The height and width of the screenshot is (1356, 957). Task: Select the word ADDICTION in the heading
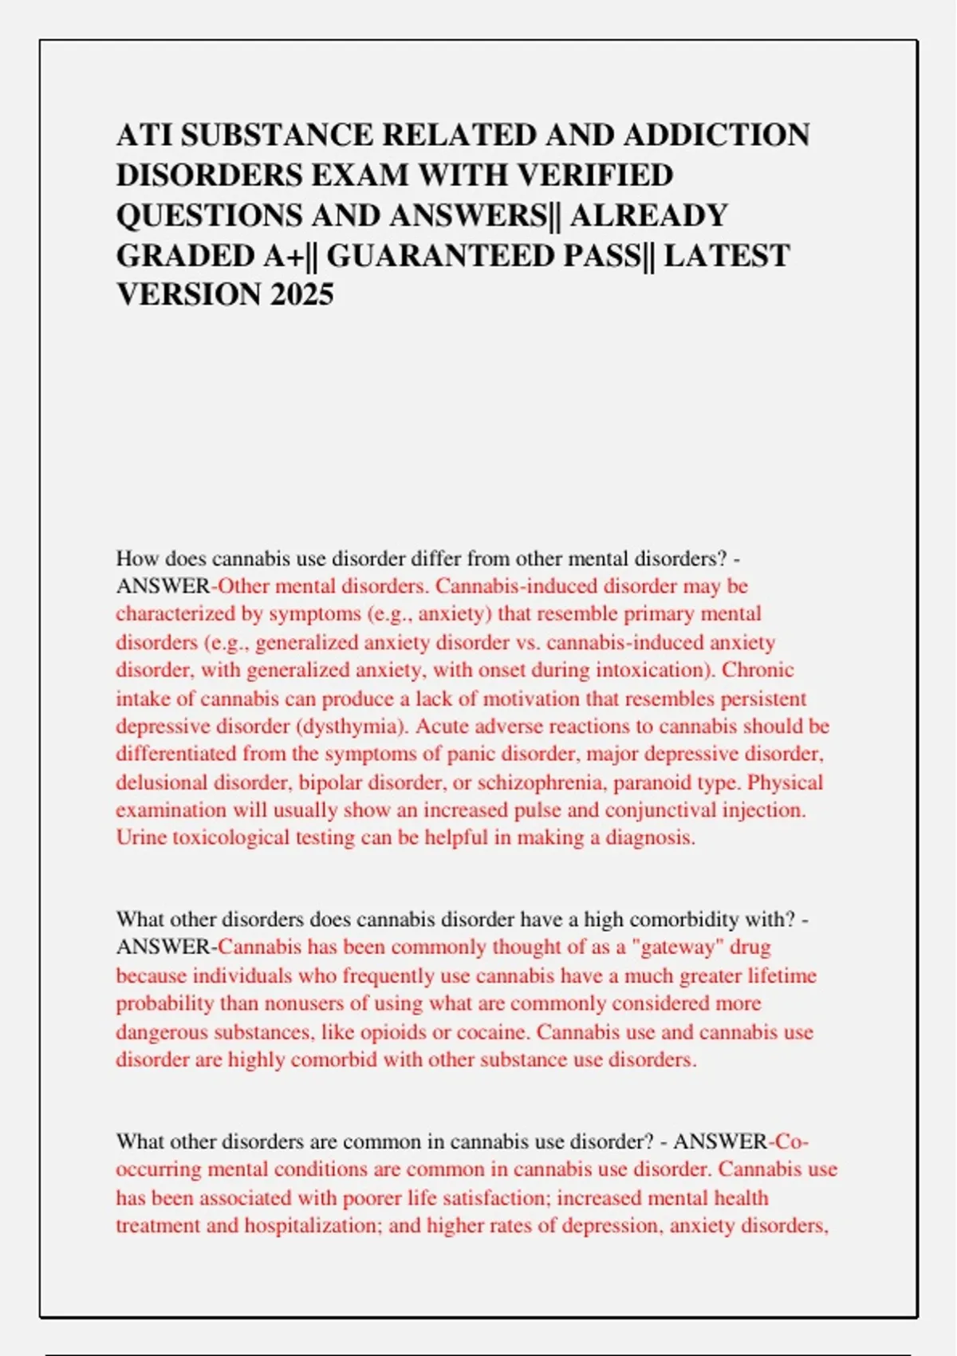(x=716, y=136)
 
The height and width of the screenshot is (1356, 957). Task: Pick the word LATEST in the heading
(x=727, y=255)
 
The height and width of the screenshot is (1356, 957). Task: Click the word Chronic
(x=758, y=670)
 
